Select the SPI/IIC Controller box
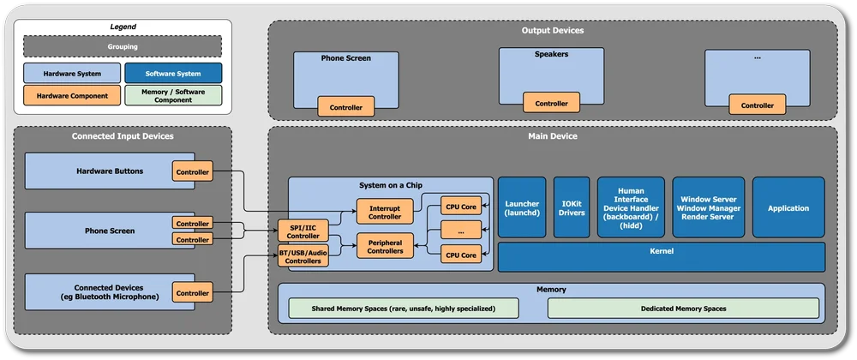point(303,231)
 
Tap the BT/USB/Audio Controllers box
point(303,255)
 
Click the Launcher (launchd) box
point(522,207)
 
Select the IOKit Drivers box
point(571,207)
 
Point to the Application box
point(788,207)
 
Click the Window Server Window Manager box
point(707,207)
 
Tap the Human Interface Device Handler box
point(631,207)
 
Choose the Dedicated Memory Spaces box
point(683,308)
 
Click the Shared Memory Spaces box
point(404,308)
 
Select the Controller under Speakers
point(551,103)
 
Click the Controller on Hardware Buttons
point(192,171)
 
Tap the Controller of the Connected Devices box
point(192,293)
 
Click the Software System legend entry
point(173,73)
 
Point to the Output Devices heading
point(553,31)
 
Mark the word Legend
point(123,27)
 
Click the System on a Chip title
point(390,186)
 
